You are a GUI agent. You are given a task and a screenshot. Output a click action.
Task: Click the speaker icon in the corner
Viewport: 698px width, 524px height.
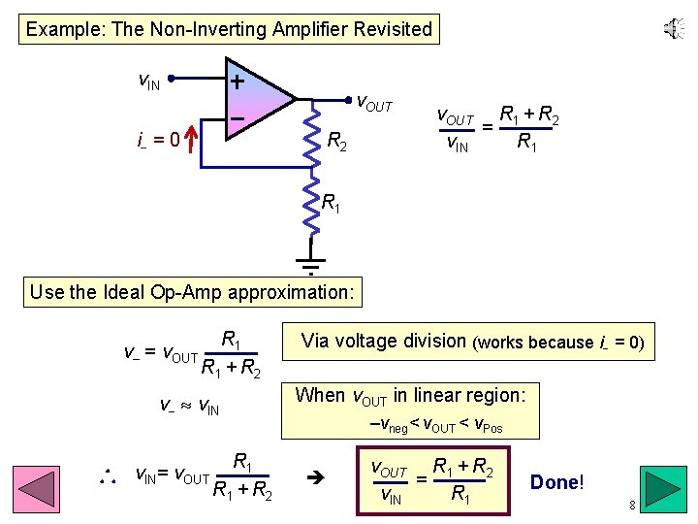coord(673,29)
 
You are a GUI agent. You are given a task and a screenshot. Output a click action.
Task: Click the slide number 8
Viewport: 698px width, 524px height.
coord(631,506)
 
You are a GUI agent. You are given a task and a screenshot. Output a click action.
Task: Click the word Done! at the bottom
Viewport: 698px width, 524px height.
coord(556,482)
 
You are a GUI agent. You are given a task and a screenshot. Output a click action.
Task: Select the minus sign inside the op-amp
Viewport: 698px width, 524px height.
coord(236,117)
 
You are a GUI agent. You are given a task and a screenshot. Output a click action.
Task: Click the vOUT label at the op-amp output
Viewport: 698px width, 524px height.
coord(374,101)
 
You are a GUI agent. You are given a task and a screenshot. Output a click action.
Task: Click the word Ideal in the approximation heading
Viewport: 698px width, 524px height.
coord(119,291)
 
